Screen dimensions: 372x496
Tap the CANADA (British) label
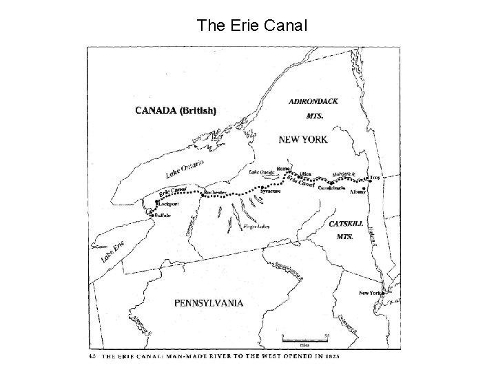[176, 110]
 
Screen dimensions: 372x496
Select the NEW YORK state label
[303, 139]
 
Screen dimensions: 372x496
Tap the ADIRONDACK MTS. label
[312, 109]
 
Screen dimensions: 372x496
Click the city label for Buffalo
[163, 216]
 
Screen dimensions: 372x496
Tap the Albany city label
[358, 191]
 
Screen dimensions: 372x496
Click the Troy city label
[375, 178]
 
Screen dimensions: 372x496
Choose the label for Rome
[282, 168]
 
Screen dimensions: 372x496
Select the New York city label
[370, 293]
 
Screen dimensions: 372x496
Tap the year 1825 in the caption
[332, 356]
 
